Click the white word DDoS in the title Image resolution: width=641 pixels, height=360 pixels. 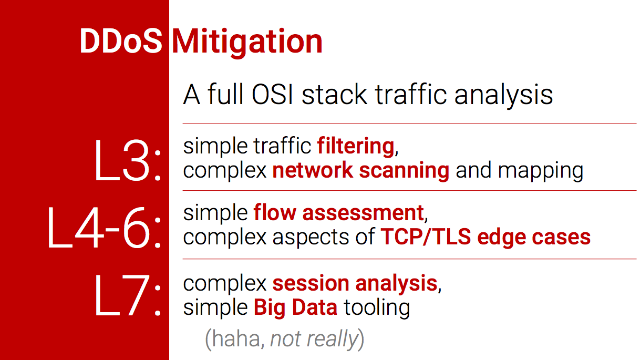(121, 41)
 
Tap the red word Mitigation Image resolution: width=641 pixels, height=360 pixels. (247, 43)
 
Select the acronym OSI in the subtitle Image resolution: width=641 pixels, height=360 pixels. (272, 95)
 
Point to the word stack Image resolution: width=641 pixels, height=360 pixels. (335, 95)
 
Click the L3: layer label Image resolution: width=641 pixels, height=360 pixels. (128, 160)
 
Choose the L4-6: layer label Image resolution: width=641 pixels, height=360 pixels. (105, 227)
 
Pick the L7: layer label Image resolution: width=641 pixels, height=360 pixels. (128, 295)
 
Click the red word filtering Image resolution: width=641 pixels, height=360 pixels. (356, 147)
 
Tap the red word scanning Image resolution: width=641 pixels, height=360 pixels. (404, 171)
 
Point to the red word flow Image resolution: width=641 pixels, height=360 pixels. (275, 213)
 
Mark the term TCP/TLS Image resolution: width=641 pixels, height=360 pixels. (426, 237)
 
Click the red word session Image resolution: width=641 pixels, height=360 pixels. (311, 283)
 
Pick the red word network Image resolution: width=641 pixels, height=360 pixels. (313, 171)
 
